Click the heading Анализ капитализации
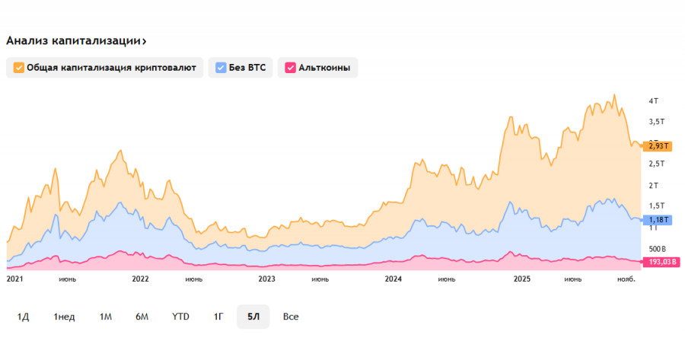pos(77,41)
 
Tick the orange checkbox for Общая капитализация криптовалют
pos(19,68)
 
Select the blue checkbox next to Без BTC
pos(221,68)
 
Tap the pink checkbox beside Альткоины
pos(290,68)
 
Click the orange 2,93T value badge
pos(657,145)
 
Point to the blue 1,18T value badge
pos(657,220)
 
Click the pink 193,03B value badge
pos(662,262)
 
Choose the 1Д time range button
pos(24,317)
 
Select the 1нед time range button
pos(64,317)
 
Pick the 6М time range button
pos(142,317)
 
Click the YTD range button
pos(180,317)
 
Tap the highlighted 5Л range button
pos(253,317)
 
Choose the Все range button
pos(291,317)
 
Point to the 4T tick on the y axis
pos(653,100)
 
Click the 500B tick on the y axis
pos(657,249)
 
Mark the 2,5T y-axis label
pos(656,164)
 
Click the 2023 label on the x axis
pos(266,279)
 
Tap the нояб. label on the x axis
pos(625,279)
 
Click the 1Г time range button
pos(218,317)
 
